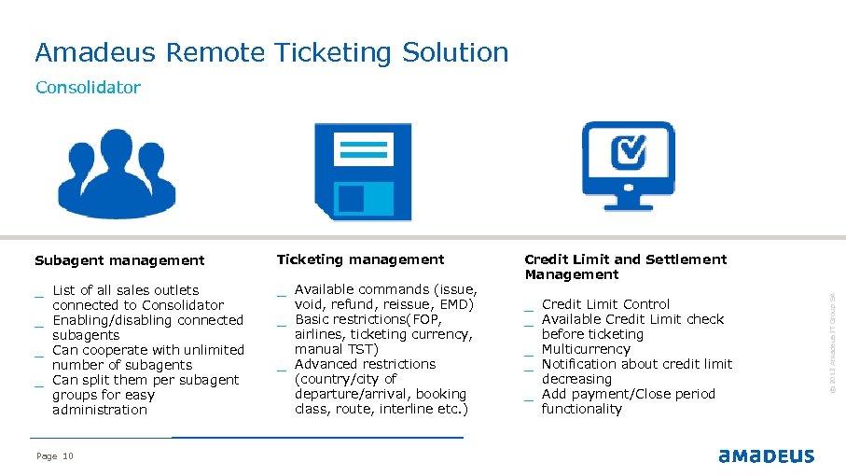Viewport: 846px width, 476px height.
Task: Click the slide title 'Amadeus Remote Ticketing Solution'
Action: (x=271, y=52)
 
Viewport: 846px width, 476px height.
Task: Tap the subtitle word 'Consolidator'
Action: (x=88, y=88)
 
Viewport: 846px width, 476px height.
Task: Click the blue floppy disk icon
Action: (x=362, y=170)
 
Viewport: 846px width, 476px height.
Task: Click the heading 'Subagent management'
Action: (x=119, y=260)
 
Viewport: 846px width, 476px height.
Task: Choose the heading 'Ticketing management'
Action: (x=360, y=259)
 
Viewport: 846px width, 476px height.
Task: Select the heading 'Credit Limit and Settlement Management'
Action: (x=625, y=267)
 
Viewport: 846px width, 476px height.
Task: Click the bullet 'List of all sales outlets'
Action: (x=125, y=290)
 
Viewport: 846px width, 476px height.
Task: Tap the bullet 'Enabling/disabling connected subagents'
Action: (x=147, y=328)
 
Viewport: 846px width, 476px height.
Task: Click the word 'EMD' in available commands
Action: (x=457, y=304)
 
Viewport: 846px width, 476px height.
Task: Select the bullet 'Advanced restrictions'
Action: (x=365, y=364)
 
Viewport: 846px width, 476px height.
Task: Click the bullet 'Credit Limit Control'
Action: (x=605, y=304)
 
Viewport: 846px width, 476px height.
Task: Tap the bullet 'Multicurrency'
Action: (x=586, y=349)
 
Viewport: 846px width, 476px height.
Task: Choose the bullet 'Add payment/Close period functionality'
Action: (x=628, y=401)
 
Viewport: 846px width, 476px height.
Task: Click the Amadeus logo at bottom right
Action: (x=766, y=455)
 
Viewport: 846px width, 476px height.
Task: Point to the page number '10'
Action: (x=68, y=456)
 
